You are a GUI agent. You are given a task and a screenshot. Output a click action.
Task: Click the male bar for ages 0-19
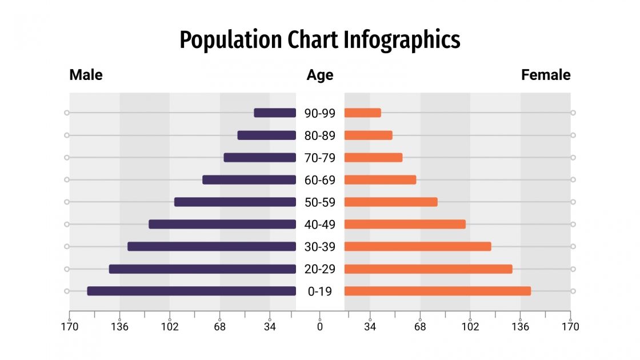point(191,291)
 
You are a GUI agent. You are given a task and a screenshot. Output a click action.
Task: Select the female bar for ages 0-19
point(437,291)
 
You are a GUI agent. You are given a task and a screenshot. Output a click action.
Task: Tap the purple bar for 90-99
point(275,113)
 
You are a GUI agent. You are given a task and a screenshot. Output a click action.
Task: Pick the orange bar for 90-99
point(362,113)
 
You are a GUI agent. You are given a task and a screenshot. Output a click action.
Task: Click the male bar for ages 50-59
point(235,202)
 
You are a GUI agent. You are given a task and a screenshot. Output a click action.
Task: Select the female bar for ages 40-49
point(405,224)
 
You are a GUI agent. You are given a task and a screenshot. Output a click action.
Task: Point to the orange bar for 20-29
point(428,269)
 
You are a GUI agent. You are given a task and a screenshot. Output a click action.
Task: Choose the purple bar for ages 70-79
point(259,158)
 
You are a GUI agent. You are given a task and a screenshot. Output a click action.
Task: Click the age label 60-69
point(319,180)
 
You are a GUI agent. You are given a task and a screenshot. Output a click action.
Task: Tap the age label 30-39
point(319,247)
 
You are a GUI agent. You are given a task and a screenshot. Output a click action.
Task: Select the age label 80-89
point(319,135)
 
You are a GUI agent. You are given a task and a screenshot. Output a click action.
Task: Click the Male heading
point(86,75)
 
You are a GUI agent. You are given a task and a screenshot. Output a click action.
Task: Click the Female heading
point(545,75)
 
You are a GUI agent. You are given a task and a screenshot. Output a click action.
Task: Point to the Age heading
point(319,75)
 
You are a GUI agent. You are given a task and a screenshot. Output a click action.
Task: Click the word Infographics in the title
point(402,41)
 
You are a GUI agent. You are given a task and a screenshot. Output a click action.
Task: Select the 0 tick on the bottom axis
point(319,326)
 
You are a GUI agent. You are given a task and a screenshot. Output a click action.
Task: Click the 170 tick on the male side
point(70,326)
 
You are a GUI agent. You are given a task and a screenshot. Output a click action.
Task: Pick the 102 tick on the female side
point(470,326)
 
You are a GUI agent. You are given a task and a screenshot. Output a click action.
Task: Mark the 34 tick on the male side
point(270,326)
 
